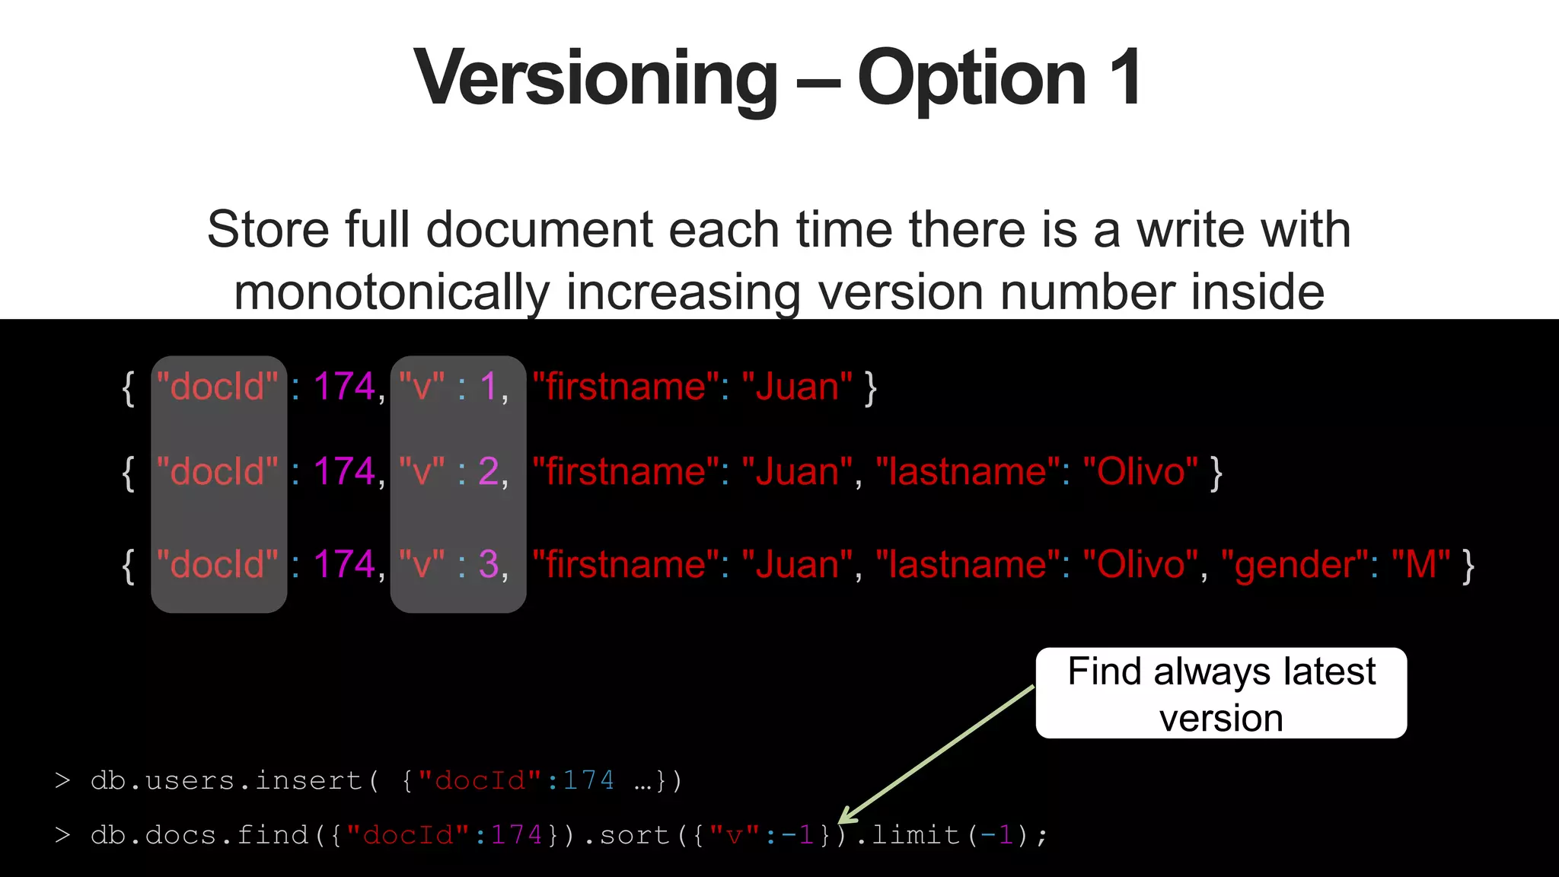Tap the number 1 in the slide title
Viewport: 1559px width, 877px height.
(1125, 78)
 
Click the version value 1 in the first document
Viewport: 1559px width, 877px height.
(488, 387)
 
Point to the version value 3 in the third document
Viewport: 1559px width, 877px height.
(489, 565)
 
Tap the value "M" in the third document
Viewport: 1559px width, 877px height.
(1420, 565)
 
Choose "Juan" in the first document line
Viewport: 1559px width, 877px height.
(797, 387)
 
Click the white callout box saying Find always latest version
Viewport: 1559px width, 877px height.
(1221, 693)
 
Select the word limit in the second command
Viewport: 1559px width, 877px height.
(915, 836)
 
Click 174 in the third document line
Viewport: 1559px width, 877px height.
(344, 565)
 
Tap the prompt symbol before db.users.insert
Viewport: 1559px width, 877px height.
(62, 781)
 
